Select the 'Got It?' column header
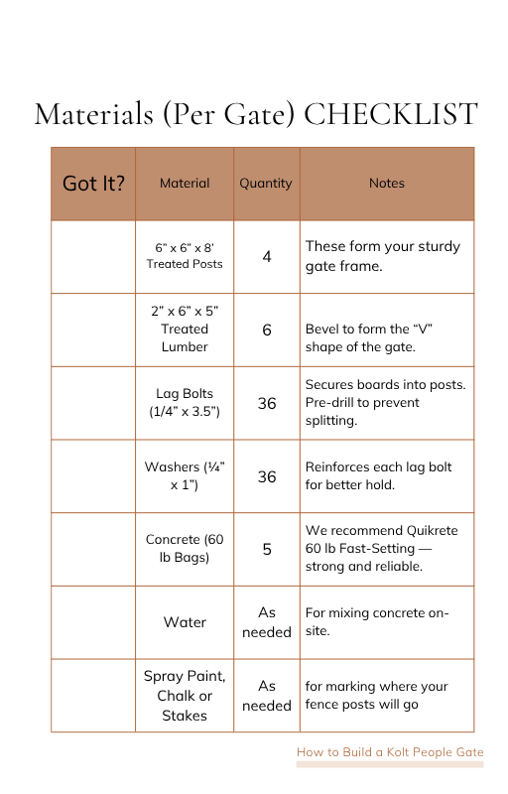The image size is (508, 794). point(93,184)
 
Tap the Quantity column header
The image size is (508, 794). point(266,184)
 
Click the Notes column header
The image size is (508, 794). point(386,184)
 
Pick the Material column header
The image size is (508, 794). point(185,184)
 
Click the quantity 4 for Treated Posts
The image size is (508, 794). point(267,256)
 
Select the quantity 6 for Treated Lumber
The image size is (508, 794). point(267,330)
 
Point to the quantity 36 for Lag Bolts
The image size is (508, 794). point(267,403)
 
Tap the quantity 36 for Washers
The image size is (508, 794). point(267,476)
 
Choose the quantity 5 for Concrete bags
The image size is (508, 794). point(267,549)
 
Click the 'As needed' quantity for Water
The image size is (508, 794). point(267,622)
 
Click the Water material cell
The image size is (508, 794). point(185,622)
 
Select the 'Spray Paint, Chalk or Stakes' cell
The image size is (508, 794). point(185,696)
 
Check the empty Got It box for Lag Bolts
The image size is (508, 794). point(93,403)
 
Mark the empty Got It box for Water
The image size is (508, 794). point(93,622)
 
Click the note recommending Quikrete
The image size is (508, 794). point(381,549)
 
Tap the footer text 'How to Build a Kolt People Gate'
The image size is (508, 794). point(389,752)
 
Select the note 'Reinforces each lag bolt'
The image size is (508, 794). point(378,476)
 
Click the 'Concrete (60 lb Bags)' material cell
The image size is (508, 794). point(185,549)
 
